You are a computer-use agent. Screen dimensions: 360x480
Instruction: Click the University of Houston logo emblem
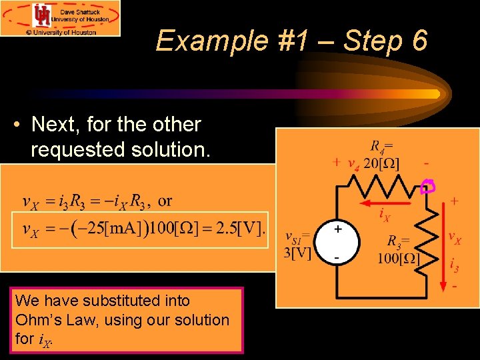(x=43, y=15)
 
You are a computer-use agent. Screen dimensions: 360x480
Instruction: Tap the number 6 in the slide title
(x=419, y=41)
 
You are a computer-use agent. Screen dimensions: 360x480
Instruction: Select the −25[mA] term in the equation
(x=103, y=230)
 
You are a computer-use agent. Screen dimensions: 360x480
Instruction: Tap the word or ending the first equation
(x=165, y=201)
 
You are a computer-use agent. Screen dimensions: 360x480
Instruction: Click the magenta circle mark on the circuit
(x=427, y=187)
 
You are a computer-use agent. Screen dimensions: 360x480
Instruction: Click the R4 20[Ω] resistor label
(x=382, y=155)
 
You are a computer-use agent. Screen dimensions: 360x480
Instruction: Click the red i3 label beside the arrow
(x=454, y=265)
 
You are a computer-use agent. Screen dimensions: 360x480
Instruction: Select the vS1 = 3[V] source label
(x=297, y=245)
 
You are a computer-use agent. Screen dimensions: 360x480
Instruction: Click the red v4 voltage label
(x=353, y=165)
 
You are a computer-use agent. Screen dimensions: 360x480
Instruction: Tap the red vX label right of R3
(x=454, y=237)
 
